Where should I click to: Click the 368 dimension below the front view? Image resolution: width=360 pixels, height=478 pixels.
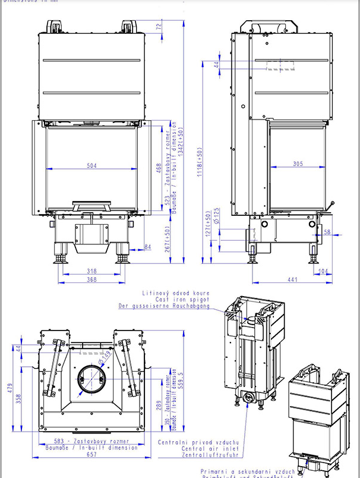coord(91,279)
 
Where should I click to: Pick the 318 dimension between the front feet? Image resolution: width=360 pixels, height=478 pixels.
coord(91,271)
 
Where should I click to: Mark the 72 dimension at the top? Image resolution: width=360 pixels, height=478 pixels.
coord(159,26)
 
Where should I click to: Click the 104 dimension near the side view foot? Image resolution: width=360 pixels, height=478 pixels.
coord(321,271)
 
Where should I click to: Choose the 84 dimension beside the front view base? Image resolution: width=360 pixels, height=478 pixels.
coord(147,247)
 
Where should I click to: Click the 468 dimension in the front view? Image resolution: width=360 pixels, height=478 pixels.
coord(159,168)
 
